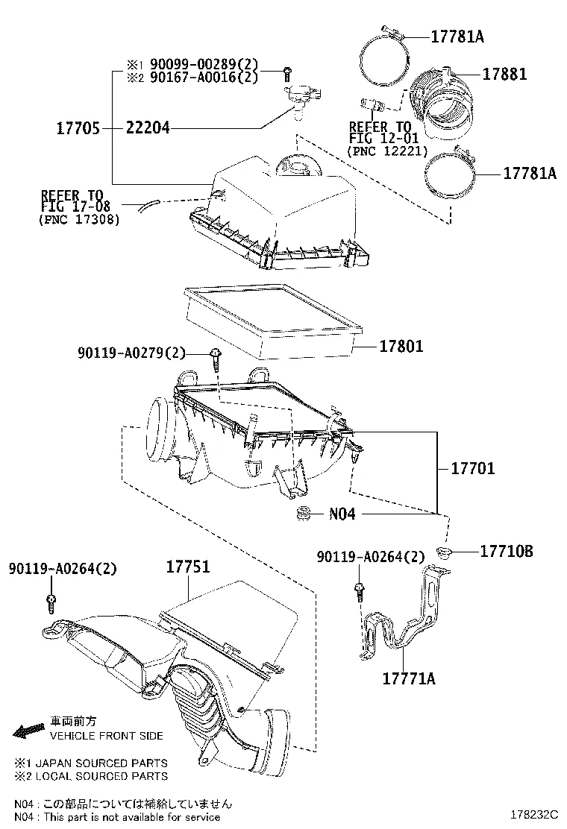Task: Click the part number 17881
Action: [x=504, y=74]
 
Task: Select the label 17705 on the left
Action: [x=78, y=128]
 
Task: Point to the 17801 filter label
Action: [x=401, y=346]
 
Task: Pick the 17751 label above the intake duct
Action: [x=187, y=567]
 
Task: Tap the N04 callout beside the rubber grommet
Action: [x=342, y=514]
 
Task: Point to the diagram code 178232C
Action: [x=535, y=816]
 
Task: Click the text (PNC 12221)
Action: [x=386, y=151]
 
